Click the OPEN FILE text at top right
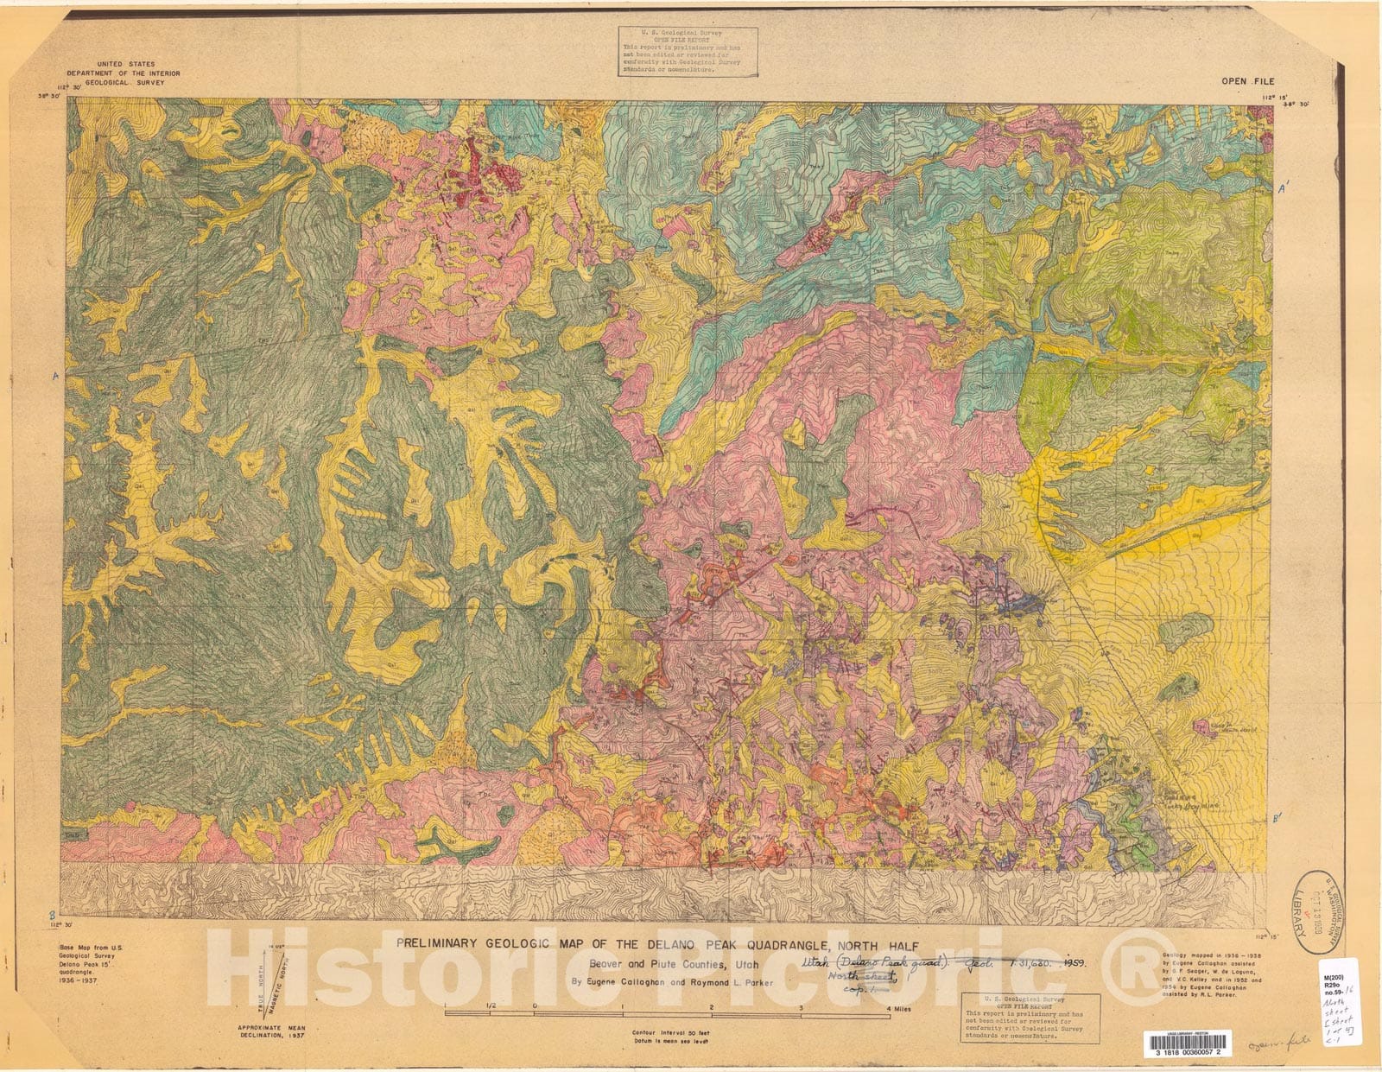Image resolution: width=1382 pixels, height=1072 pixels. pyautogui.click(x=1248, y=81)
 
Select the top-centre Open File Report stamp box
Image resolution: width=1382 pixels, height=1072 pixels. pyautogui.click(x=688, y=52)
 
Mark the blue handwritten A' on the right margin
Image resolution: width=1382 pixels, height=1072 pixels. pyautogui.click(x=1284, y=187)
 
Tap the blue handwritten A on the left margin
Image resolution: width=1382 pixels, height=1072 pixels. pyautogui.click(x=56, y=377)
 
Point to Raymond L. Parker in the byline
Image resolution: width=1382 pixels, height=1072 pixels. pyautogui.click(x=737, y=981)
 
